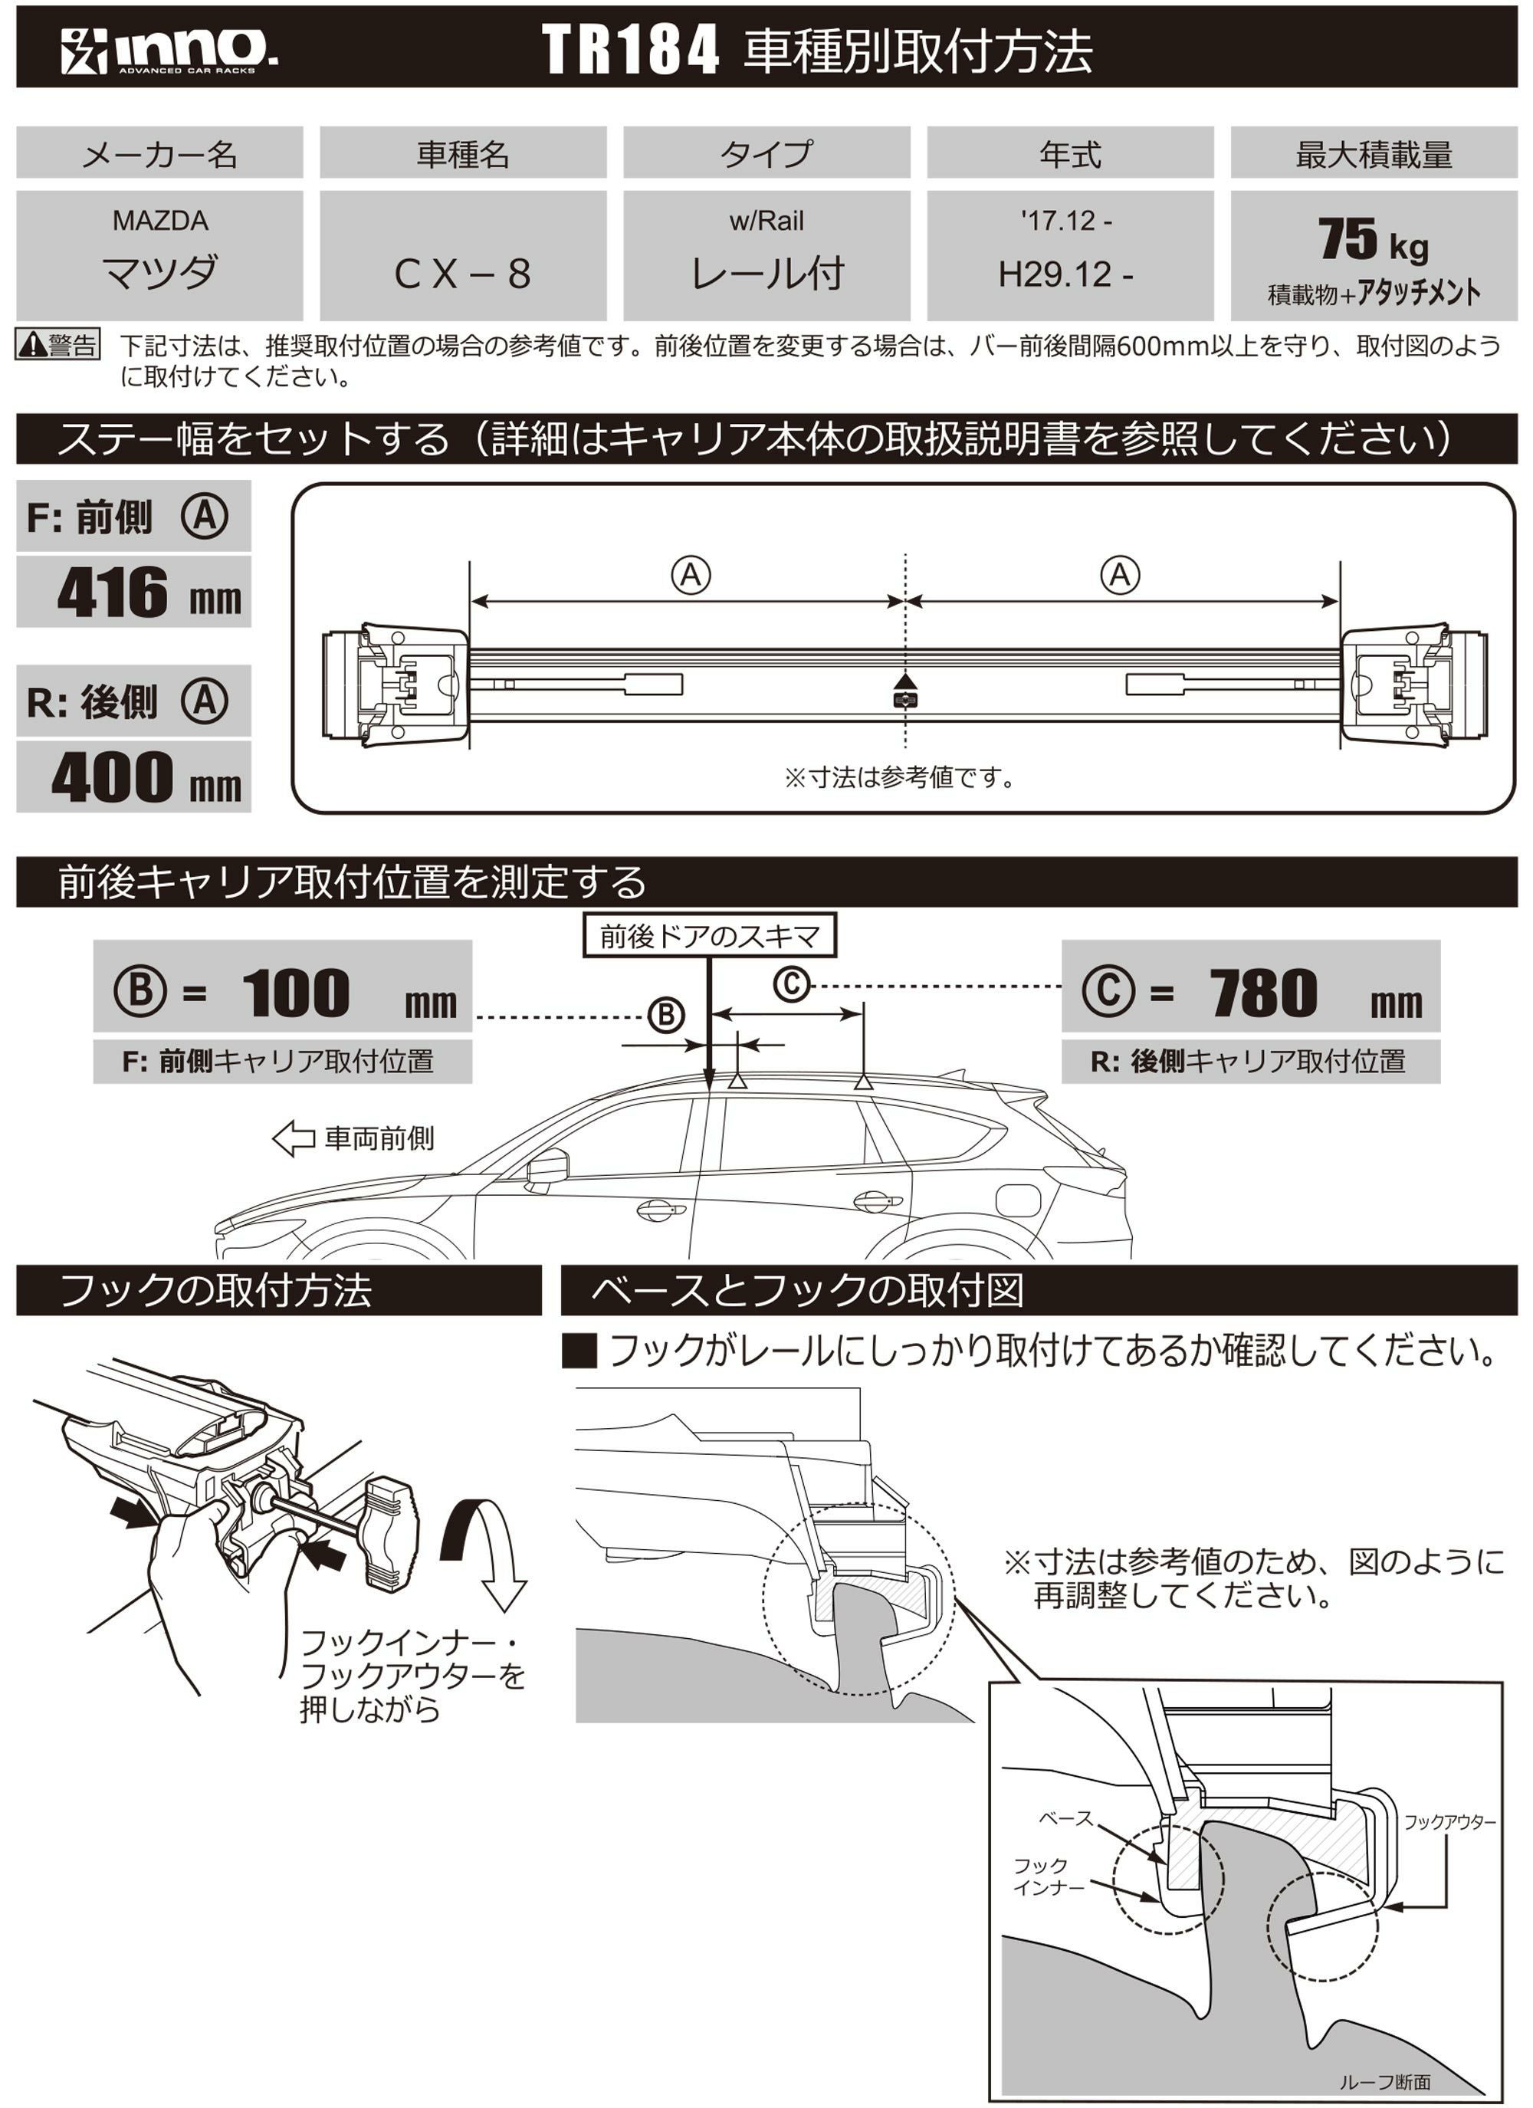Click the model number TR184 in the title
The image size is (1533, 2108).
coord(630,50)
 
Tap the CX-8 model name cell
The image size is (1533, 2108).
coord(462,272)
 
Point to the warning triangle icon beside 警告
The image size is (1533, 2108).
coord(32,346)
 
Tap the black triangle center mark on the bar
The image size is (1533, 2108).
coord(904,681)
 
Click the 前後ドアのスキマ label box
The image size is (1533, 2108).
coord(709,936)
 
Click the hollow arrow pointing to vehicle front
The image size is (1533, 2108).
coord(294,1138)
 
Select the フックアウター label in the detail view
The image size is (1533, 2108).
coord(1449,1822)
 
